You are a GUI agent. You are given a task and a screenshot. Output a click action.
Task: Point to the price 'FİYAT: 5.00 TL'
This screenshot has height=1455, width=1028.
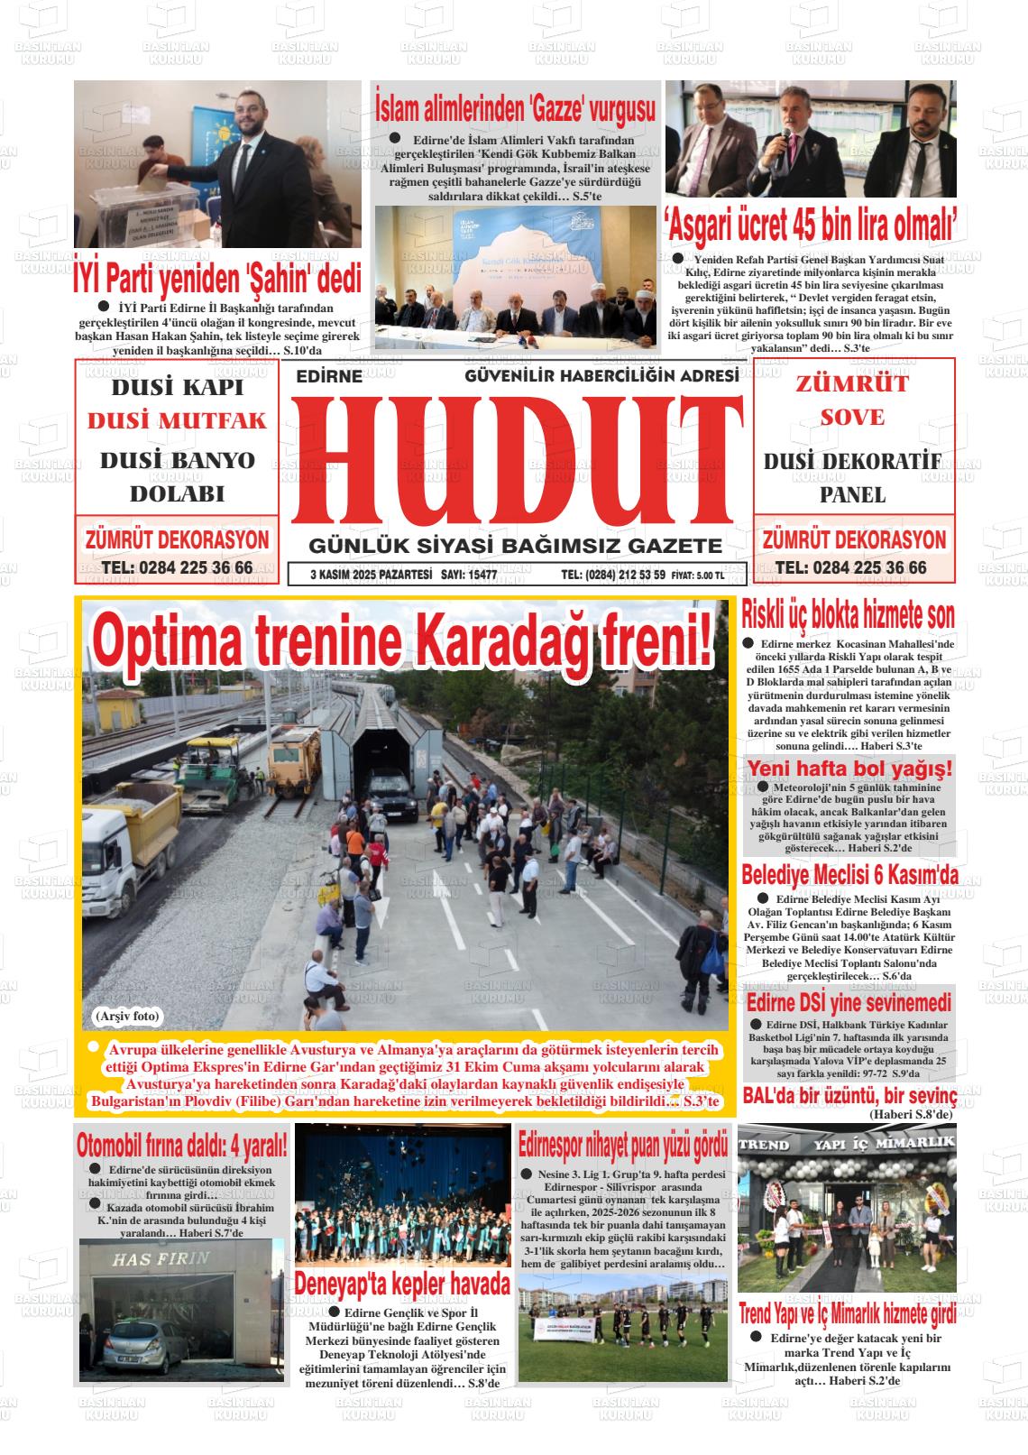tap(697, 576)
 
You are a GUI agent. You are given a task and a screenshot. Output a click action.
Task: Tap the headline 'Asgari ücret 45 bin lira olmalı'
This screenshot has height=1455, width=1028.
tap(810, 219)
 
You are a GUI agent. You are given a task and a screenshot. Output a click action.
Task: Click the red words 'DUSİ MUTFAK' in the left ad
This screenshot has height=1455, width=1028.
tap(177, 421)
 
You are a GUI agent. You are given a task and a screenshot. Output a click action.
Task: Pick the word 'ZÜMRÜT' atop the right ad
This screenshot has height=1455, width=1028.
tap(851, 383)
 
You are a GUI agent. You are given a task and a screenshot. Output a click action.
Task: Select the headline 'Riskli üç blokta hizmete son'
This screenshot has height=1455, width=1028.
tap(848, 616)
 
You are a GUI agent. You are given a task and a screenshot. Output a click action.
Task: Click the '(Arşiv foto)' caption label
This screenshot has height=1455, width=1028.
tap(126, 1017)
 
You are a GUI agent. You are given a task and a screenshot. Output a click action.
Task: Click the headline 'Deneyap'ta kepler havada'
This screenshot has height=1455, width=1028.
tap(402, 1284)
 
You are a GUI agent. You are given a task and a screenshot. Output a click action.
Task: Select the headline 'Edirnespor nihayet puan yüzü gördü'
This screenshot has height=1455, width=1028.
tap(623, 1146)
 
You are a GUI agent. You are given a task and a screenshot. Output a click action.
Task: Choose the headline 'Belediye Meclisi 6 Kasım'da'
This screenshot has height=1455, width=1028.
tap(849, 874)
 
